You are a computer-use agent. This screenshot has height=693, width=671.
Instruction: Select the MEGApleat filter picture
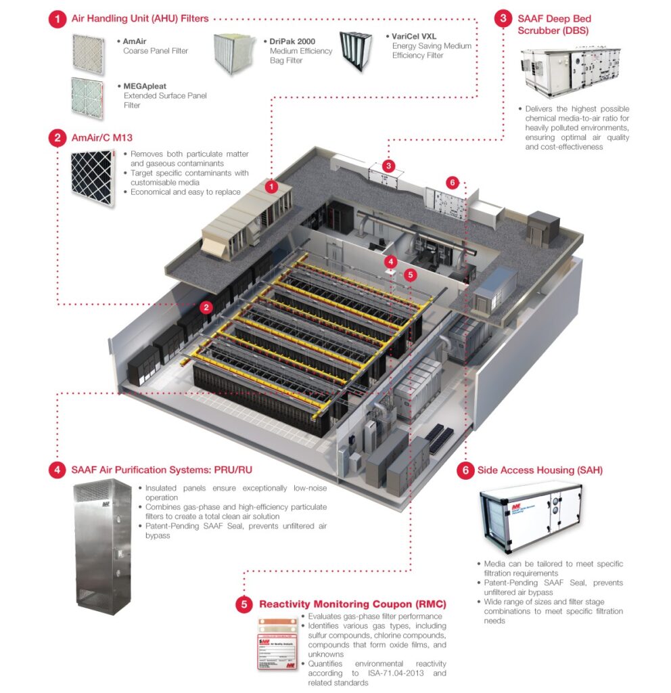tap(87, 97)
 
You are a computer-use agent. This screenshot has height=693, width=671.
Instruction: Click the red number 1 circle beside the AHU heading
tap(57, 19)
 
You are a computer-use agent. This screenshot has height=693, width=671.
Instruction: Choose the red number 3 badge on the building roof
tap(388, 165)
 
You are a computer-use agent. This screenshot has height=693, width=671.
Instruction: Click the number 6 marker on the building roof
tap(453, 182)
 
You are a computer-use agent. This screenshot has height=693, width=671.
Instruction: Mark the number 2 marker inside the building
tap(207, 307)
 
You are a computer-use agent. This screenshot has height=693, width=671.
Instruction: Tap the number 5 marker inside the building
tap(409, 274)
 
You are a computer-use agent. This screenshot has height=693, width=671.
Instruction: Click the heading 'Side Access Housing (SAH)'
tap(540, 470)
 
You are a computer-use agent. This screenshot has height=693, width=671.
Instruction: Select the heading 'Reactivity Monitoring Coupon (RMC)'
tap(352, 604)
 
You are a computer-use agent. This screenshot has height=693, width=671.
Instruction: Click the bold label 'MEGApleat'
tap(145, 87)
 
